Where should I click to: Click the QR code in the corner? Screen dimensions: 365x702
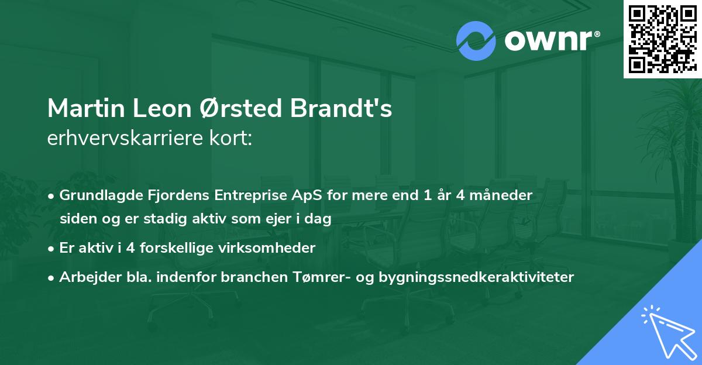(x=662, y=39)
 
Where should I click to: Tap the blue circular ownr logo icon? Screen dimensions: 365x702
(x=476, y=41)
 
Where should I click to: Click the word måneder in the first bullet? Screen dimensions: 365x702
(x=504, y=195)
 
